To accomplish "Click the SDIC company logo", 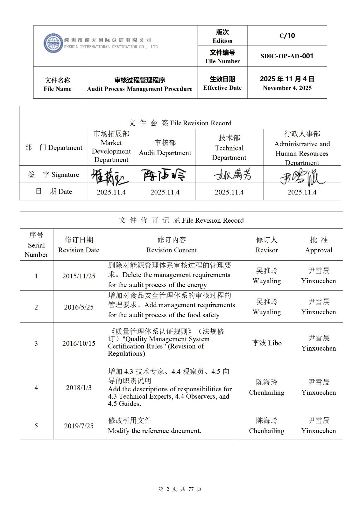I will point(53,43).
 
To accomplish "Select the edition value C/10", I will point(287,36).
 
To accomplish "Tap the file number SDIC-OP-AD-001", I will point(287,56).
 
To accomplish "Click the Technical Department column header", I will point(229,148).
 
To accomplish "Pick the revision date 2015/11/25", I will point(79,276).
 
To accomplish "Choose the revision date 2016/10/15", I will point(79,343).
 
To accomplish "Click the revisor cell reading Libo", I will point(267,343).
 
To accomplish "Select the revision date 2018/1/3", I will point(79,387).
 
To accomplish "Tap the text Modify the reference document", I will point(155,431).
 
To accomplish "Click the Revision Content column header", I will point(172,245).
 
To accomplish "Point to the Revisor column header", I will point(267,245).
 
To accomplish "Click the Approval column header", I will point(319,245).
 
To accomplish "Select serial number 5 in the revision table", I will point(36,426).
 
